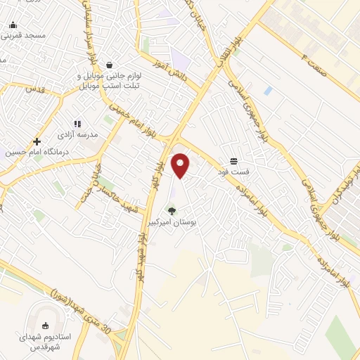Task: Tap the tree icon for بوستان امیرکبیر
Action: click(171, 210)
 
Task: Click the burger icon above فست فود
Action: click(233, 162)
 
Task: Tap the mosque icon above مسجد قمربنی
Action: click(13, 25)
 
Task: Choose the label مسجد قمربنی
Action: click(23, 34)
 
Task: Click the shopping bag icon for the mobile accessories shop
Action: click(110, 65)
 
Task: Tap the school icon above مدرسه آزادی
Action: click(77, 124)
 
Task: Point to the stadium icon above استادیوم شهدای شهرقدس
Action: click(46, 325)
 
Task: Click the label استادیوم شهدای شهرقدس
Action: click(45, 342)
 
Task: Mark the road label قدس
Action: click(35, 89)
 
